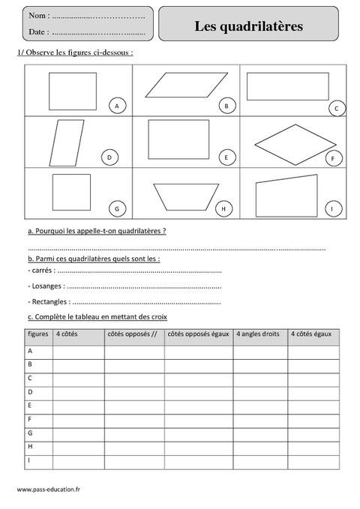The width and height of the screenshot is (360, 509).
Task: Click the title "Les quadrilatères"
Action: click(x=249, y=26)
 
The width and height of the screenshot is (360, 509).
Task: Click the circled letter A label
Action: click(x=116, y=106)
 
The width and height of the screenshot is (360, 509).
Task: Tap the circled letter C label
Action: click(x=337, y=109)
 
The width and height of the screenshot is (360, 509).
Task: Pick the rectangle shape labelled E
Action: click(x=178, y=137)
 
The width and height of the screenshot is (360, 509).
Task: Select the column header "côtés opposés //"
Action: click(x=132, y=334)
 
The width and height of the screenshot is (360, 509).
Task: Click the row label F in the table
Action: click(x=29, y=419)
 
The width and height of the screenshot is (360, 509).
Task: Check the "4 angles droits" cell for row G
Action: click(x=259, y=433)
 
